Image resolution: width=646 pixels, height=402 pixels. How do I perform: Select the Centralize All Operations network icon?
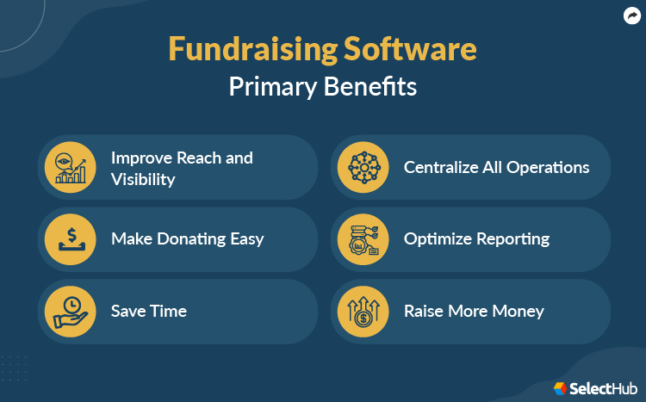(363, 167)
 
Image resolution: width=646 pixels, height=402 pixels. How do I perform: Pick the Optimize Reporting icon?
(363, 238)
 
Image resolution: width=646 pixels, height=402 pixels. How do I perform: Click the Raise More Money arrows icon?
(363, 311)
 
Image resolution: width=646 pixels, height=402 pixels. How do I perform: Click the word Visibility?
(143, 179)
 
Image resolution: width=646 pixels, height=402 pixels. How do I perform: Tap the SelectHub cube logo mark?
(561, 389)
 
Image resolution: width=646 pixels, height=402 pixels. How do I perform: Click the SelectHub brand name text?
(602, 389)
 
